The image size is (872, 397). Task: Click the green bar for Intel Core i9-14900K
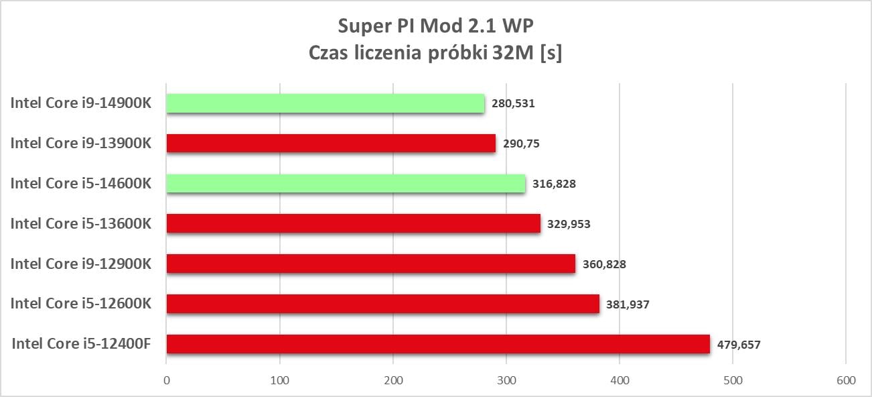click(325, 103)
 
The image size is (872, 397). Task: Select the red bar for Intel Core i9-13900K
click(331, 144)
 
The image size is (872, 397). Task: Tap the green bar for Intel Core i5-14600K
click(346, 184)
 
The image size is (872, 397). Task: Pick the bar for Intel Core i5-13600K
click(353, 223)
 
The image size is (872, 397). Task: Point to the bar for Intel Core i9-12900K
click(370, 264)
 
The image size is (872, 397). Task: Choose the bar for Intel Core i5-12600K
click(382, 304)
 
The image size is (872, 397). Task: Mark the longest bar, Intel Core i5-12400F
click(437, 344)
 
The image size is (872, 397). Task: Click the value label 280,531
click(513, 103)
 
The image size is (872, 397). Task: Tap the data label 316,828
click(554, 184)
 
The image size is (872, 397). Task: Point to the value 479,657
click(738, 345)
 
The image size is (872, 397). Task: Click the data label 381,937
click(627, 304)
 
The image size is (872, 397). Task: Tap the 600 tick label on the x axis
click(846, 380)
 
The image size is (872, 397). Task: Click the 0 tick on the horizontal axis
click(166, 380)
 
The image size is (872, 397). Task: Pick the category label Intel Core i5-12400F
click(81, 344)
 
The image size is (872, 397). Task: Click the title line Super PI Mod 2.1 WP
click(435, 26)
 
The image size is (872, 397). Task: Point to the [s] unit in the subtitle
click(551, 54)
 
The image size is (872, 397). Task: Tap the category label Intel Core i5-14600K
click(80, 183)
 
